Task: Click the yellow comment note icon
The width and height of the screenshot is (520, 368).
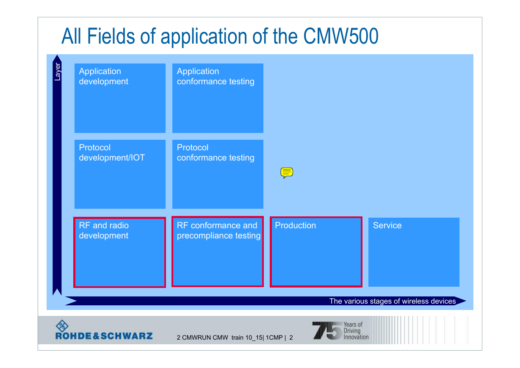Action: [x=287, y=173]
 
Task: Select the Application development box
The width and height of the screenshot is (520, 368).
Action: [x=120, y=98]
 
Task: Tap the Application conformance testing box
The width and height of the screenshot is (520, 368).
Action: [x=218, y=98]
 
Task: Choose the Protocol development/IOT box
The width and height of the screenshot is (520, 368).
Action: [x=120, y=174]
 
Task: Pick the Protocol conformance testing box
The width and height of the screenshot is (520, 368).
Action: [x=218, y=174]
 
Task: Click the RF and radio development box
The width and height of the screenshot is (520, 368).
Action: [x=119, y=252]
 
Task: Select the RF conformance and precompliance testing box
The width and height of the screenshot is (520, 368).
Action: [x=218, y=252]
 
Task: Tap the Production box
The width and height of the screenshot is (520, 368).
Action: [x=316, y=252]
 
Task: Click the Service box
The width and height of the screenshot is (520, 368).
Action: [x=414, y=252]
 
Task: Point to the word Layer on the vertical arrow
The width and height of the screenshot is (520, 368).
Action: [x=57, y=72]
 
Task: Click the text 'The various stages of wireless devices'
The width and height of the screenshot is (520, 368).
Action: [x=393, y=301]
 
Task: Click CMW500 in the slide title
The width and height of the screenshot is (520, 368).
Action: [x=341, y=36]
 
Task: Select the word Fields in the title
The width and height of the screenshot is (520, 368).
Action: [x=111, y=36]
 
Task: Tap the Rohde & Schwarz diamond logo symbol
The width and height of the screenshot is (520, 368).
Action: [x=62, y=326]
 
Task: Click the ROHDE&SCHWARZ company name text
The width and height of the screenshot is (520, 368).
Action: [x=104, y=336]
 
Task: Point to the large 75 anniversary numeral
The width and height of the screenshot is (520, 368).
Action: [x=327, y=331]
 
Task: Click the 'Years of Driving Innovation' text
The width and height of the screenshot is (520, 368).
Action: [x=356, y=331]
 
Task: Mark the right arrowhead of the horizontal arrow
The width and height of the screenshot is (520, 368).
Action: [x=460, y=301]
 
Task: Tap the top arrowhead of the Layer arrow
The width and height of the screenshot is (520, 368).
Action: [x=57, y=58]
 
